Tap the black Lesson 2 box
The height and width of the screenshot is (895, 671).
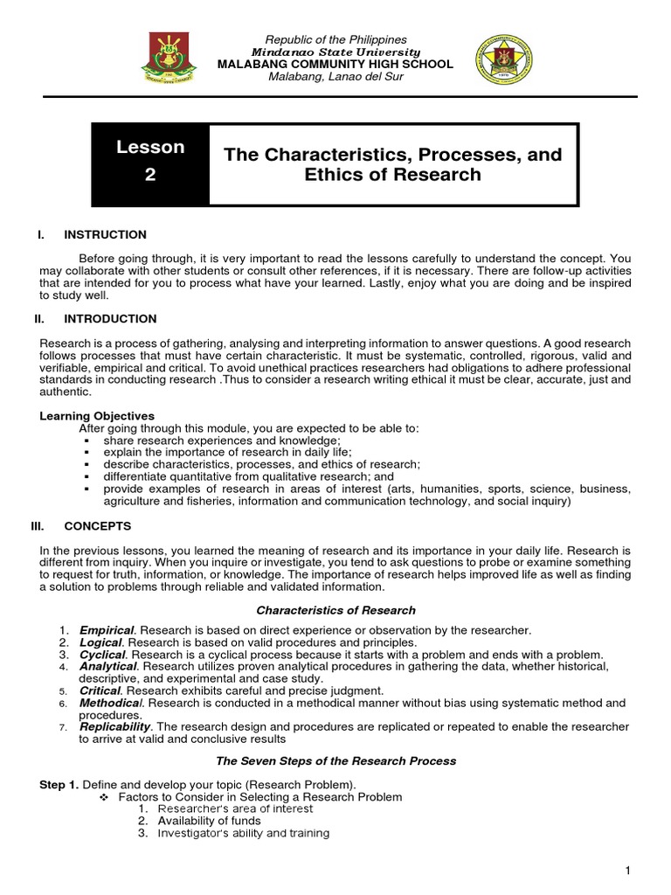click(151, 161)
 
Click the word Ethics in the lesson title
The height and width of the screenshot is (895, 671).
click(333, 174)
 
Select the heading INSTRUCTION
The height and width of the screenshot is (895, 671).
click(105, 235)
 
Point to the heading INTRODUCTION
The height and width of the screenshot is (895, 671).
click(110, 319)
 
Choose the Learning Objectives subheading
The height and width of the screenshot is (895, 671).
click(97, 416)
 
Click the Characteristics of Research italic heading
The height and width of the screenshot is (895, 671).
click(335, 610)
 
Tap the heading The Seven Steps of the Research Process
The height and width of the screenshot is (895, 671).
click(335, 761)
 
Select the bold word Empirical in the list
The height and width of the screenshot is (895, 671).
click(107, 630)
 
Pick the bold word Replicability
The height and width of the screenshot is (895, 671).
click(115, 726)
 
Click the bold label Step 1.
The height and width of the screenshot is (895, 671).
click(60, 785)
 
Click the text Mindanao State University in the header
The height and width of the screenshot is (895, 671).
click(335, 52)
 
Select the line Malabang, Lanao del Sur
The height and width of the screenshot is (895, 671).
click(335, 77)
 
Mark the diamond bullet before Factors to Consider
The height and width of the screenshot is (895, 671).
click(104, 797)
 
